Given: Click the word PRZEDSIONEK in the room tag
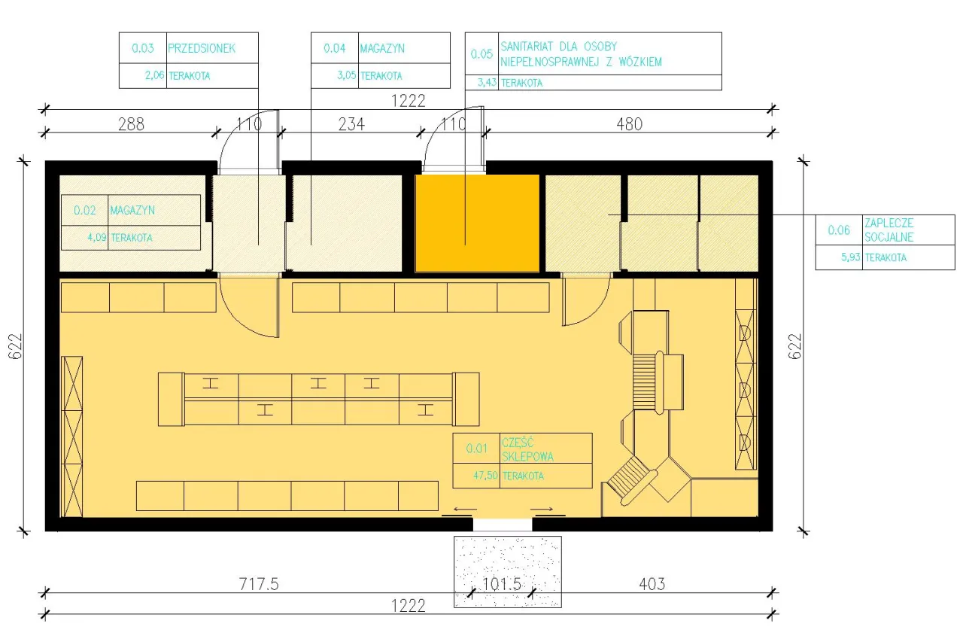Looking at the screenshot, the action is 202,48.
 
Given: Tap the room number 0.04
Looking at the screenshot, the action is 335,48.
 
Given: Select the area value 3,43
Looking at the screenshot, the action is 487,82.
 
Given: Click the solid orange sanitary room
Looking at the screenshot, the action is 477,224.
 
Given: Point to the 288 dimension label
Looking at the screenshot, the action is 131,124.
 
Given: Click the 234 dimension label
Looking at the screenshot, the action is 351,124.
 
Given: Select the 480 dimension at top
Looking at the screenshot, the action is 630,124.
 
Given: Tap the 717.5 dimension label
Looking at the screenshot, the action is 259,584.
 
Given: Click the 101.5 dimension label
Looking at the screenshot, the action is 502,584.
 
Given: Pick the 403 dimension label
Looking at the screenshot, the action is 652,584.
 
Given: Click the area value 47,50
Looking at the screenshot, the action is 485,475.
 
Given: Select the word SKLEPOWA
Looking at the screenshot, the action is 527,456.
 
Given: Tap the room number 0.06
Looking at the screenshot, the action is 839,230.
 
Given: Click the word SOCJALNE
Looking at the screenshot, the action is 889,237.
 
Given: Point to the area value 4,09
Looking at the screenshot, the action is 97,237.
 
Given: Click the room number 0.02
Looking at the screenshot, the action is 85,210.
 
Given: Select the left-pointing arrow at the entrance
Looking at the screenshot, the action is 465,509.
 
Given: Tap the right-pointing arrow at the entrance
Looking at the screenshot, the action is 542,509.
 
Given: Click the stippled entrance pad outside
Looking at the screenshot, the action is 508,571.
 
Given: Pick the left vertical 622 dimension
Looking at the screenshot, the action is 15,346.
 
